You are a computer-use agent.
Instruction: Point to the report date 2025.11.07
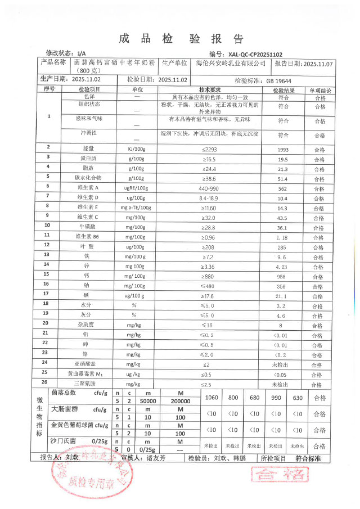click(x=318, y=64)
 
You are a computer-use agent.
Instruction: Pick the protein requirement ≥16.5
click(x=210, y=159)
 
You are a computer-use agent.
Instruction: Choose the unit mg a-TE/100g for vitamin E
click(x=136, y=208)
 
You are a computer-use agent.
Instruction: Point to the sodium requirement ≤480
click(x=210, y=286)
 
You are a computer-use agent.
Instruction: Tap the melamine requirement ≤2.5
click(x=210, y=384)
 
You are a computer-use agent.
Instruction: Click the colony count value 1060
click(x=212, y=398)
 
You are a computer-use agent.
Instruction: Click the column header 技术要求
click(x=210, y=89)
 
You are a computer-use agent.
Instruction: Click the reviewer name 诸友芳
click(x=157, y=458)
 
